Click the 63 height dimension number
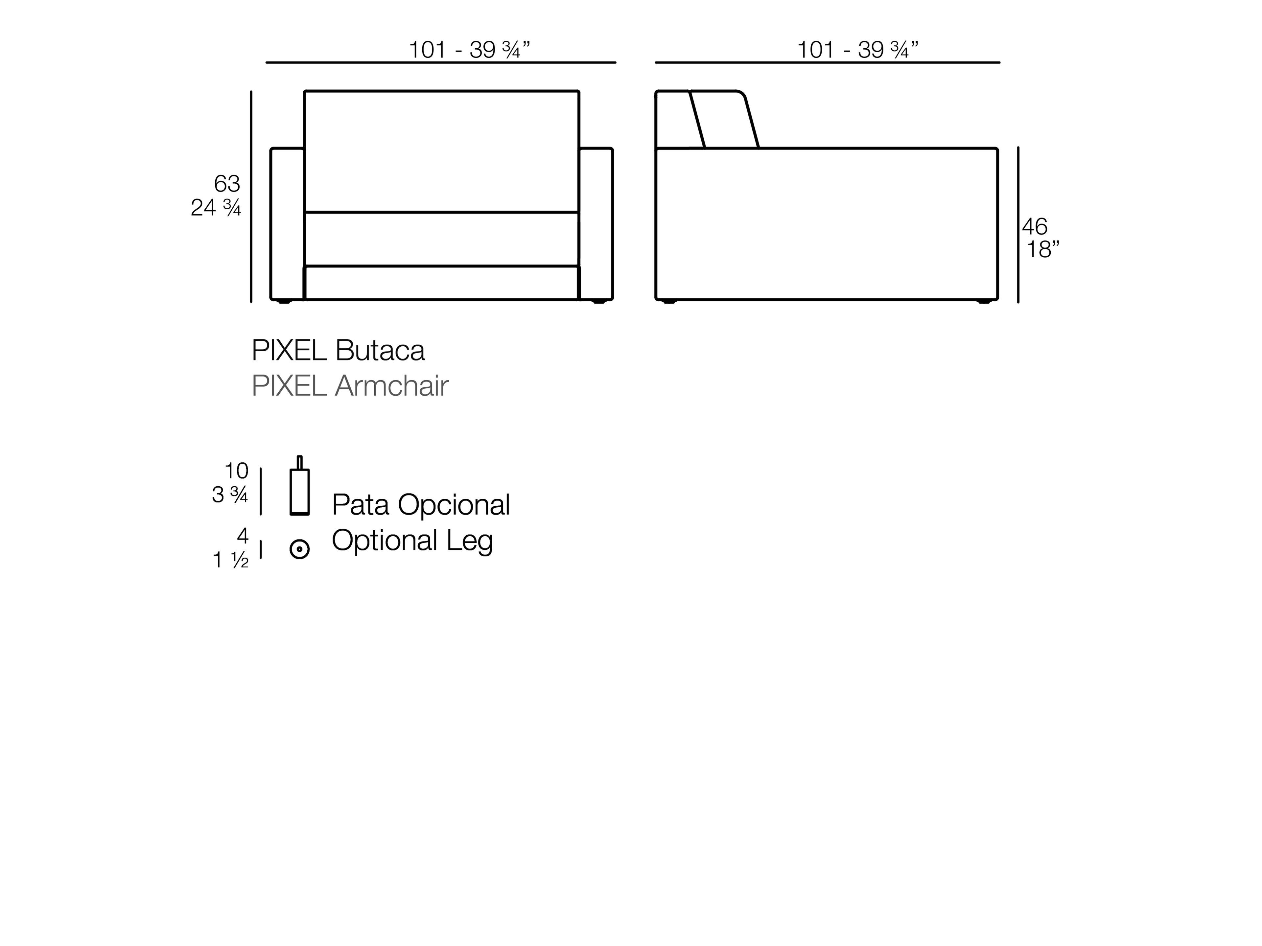tap(227, 184)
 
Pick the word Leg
tap(469, 540)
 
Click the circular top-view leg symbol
tap(299, 549)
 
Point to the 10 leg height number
tap(236, 471)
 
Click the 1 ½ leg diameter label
tap(230, 560)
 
